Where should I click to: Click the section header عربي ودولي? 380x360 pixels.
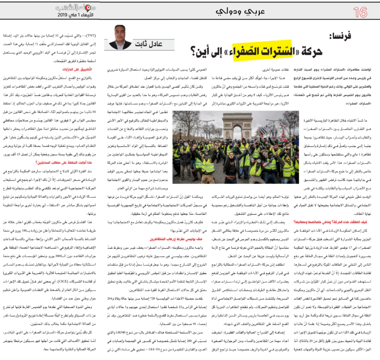point(190,11)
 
